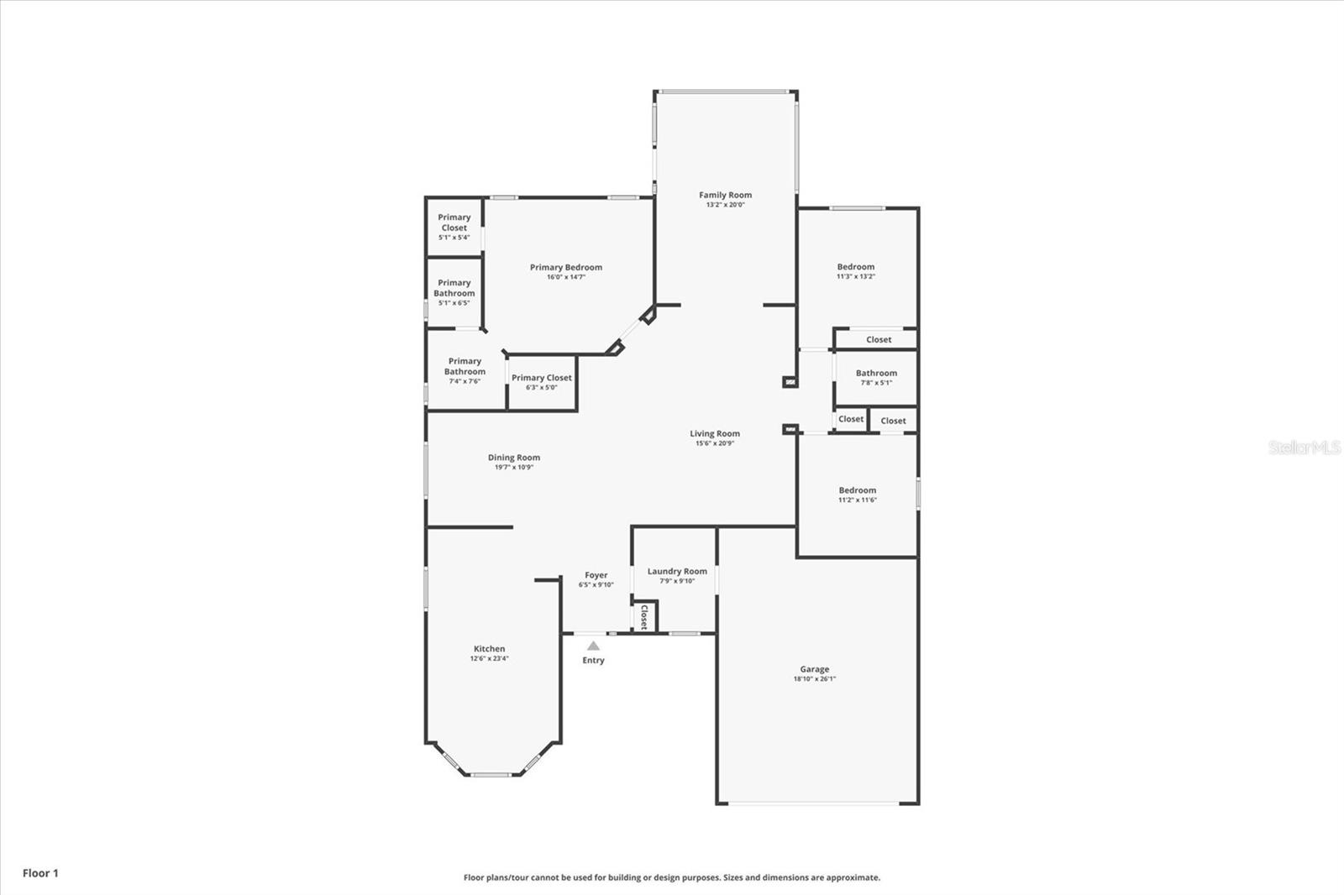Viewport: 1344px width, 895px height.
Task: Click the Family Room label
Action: click(x=725, y=195)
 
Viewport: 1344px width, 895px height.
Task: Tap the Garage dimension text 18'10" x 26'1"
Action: click(x=814, y=679)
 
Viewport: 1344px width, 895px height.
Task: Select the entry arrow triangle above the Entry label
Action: click(x=593, y=646)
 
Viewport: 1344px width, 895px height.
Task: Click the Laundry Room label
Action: click(x=677, y=571)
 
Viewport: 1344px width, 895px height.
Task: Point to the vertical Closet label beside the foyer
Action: click(x=644, y=617)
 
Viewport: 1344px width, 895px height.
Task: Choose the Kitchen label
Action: click(x=489, y=648)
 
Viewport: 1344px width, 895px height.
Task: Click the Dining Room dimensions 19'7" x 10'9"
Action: click(x=513, y=468)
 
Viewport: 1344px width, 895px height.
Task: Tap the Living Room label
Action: click(x=715, y=434)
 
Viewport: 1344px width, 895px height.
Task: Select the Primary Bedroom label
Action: click(x=565, y=267)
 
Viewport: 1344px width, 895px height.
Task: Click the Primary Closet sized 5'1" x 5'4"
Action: click(x=454, y=222)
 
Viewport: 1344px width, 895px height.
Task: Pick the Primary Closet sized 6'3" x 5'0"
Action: click(x=541, y=378)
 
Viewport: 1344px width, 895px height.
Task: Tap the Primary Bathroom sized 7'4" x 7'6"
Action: click(x=465, y=367)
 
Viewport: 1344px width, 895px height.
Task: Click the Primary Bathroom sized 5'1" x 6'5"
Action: click(x=454, y=288)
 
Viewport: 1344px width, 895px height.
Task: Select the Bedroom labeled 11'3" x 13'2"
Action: click(x=855, y=267)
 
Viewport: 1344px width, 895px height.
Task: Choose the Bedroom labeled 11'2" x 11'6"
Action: click(x=857, y=490)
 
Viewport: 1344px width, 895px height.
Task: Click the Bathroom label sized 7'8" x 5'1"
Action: click(x=876, y=373)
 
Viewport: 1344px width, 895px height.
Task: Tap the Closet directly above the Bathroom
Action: click(x=879, y=340)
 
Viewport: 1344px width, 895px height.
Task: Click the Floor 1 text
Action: click(x=40, y=873)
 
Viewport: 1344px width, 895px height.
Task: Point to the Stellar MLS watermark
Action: click(x=1304, y=447)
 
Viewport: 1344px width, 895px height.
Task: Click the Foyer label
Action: click(x=596, y=575)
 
